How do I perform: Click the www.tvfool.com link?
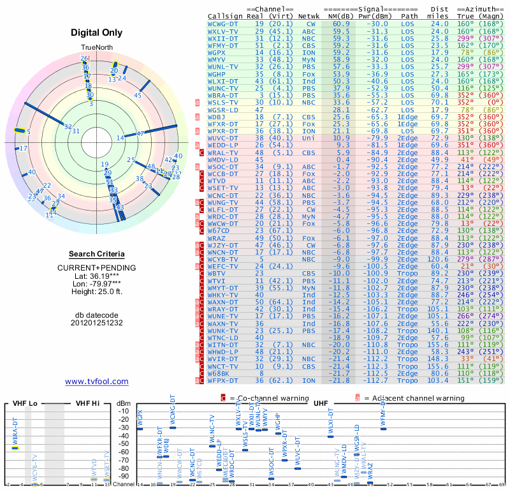pos(96,382)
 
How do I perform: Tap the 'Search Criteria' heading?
pos(96,254)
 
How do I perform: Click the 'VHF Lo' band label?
pos(23,403)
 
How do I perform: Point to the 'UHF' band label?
pos(321,403)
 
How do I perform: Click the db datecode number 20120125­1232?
pos(96,323)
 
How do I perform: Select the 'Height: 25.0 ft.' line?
pos(96,292)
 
